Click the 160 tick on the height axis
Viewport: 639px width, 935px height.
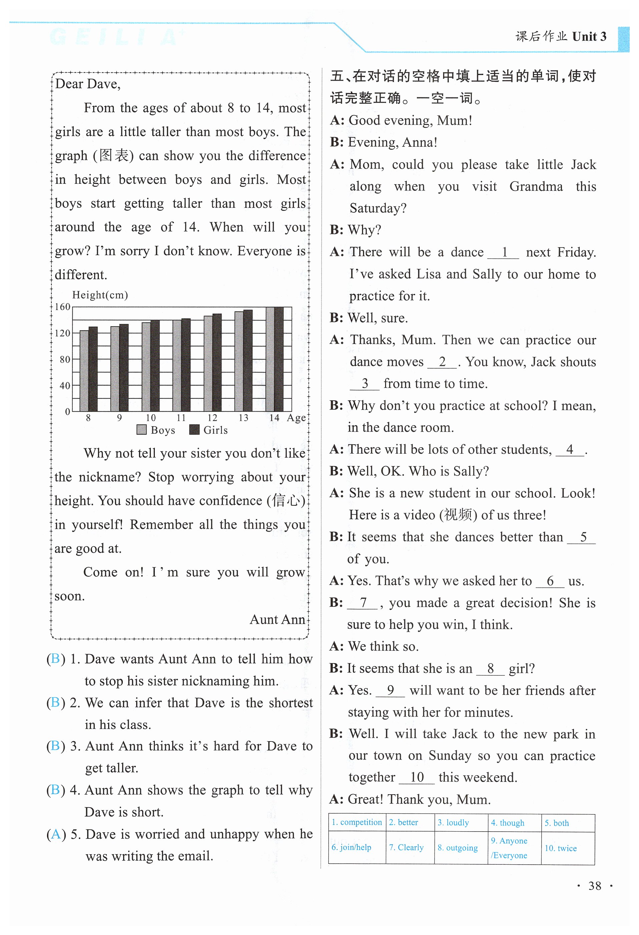pos(62,307)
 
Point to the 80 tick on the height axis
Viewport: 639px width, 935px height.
pos(65,359)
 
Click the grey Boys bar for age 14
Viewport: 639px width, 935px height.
pos(270,359)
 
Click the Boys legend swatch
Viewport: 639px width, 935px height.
pos(141,430)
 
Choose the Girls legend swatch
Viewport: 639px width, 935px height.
pos(194,430)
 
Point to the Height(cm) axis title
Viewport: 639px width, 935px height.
pos(100,295)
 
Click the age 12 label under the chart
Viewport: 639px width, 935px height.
pos(212,418)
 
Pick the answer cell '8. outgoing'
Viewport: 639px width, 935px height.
pos(458,848)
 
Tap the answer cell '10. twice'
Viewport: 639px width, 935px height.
pos(561,848)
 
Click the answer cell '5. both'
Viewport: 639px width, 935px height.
pos(557,823)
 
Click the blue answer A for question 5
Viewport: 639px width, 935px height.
pos(56,834)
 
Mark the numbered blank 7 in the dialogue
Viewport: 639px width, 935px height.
pos(363,603)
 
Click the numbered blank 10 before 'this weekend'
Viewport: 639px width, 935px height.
pos(417,777)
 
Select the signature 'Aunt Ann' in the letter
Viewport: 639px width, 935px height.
pos(277,619)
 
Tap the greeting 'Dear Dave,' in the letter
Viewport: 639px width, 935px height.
pos(88,84)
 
